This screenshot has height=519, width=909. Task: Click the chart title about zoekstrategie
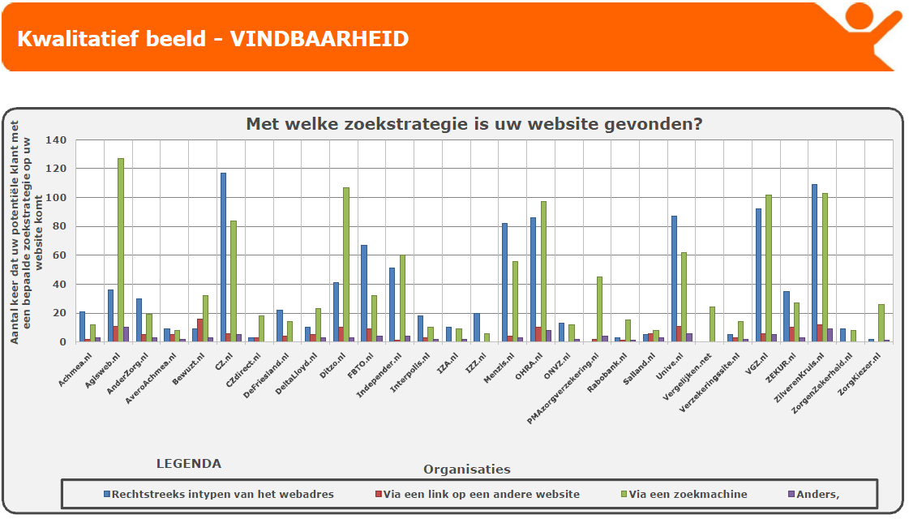point(474,124)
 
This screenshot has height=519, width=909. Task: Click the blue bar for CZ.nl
point(223,257)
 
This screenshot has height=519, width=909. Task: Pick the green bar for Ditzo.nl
point(345,264)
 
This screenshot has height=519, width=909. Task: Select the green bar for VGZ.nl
point(768,268)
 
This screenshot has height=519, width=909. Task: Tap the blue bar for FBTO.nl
point(364,293)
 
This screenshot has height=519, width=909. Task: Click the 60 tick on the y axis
point(58,255)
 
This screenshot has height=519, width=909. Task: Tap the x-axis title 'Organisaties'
point(466,469)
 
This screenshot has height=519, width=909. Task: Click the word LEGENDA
point(188,464)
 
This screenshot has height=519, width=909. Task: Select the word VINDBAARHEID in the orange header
point(319,39)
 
